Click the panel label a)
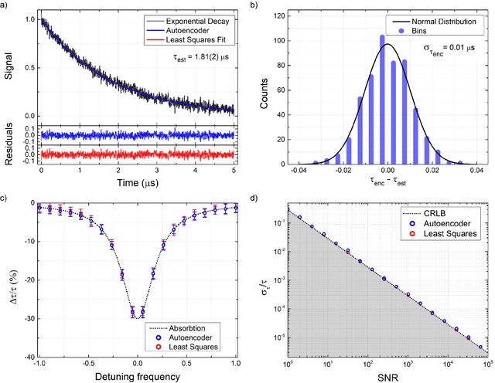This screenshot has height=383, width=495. [x=5, y=5]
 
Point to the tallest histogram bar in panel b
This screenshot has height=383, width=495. [x=383, y=100]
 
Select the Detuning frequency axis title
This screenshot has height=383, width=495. [x=137, y=377]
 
